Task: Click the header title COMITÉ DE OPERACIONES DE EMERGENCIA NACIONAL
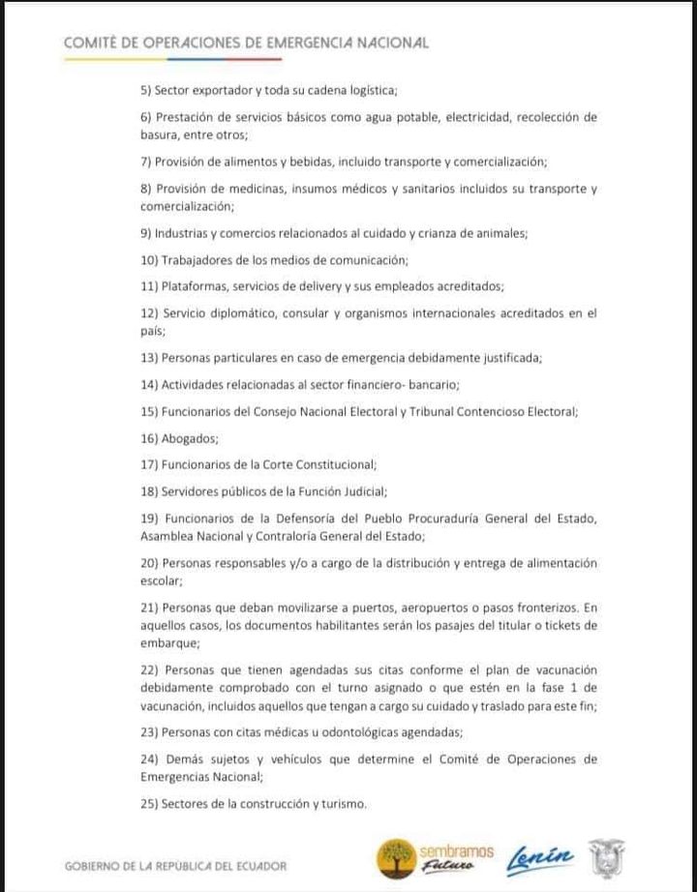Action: [x=246, y=43]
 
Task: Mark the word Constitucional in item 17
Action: [x=329, y=464]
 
